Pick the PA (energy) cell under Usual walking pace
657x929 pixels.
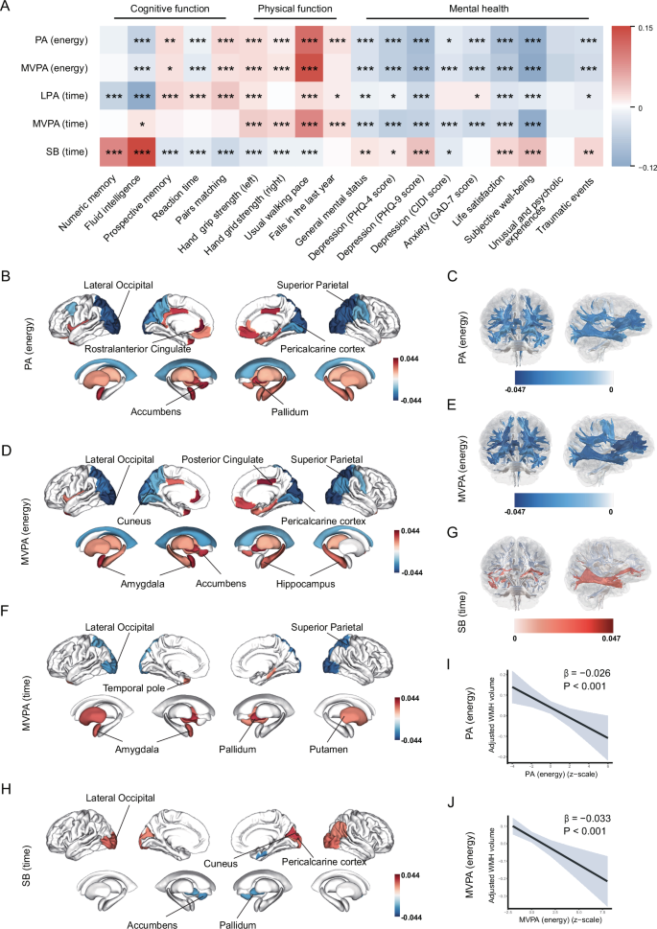(310, 41)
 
